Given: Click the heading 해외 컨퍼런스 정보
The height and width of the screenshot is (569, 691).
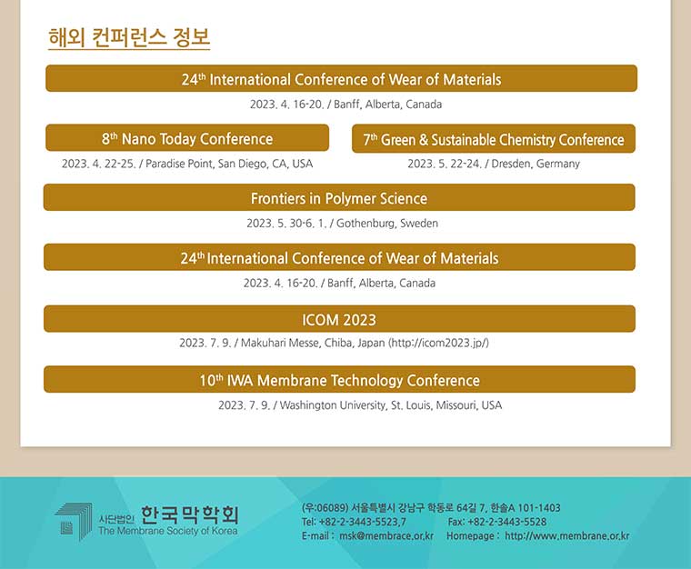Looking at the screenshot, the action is pos(129,37).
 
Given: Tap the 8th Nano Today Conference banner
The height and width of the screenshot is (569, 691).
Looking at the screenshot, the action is pos(187,138).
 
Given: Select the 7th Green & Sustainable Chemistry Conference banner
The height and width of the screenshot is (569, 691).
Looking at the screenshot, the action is pos(494,139).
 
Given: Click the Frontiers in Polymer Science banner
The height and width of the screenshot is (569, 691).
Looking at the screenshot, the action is pos(339,198).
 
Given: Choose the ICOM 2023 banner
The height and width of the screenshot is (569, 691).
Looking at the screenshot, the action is pos(339,319).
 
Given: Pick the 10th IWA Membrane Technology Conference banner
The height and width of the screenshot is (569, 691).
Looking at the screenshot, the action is pos(339,380).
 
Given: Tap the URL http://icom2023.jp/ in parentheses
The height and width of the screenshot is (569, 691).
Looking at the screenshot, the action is pos(438,343).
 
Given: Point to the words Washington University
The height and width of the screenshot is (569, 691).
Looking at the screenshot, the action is pos(333,405).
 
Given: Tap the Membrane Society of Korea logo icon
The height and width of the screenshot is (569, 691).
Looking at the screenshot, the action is pos(73,522).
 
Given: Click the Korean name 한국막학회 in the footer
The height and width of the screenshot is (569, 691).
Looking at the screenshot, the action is pos(189,514).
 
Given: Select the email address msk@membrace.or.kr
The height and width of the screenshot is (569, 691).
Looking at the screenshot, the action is pos(386,536).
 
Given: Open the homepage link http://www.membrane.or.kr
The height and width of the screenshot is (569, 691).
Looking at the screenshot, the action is pos(567,536).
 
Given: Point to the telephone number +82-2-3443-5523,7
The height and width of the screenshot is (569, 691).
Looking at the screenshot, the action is pos(362,522).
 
